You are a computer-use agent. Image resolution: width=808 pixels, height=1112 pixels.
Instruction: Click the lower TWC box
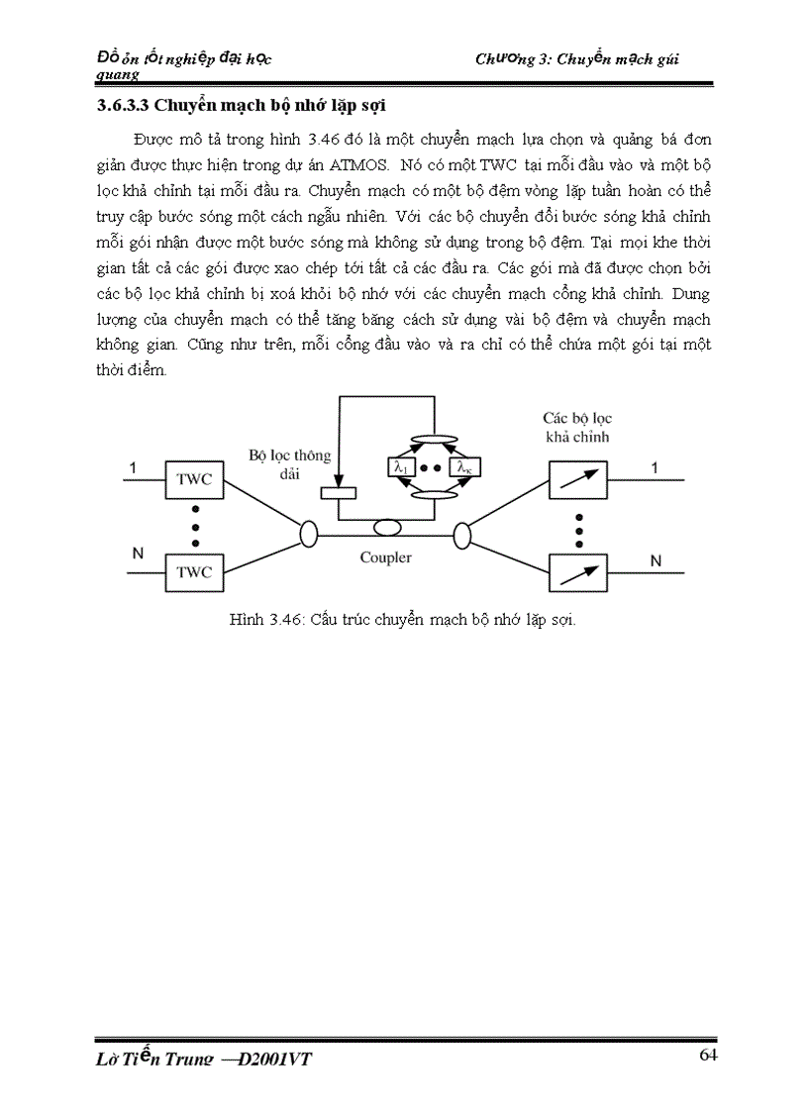(194, 571)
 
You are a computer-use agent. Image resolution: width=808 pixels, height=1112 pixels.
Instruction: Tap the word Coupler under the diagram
(385, 557)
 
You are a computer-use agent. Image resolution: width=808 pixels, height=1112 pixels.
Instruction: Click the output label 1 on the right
(654, 466)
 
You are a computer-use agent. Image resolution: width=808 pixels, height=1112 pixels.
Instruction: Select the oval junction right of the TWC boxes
(310, 536)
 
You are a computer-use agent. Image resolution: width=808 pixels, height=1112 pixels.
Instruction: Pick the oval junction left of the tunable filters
(461, 536)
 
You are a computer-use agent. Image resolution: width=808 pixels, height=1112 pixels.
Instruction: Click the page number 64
(708, 1055)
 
